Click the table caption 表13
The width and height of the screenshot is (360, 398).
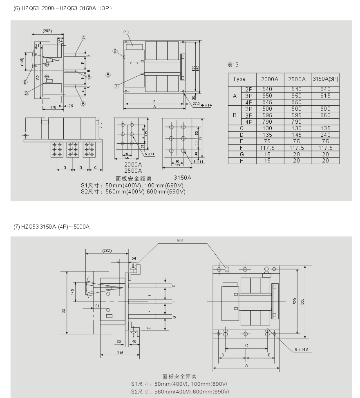click(233, 64)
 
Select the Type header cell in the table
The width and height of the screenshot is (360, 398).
click(239, 79)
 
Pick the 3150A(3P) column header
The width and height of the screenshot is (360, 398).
click(325, 79)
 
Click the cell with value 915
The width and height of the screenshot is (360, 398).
click(325, 96)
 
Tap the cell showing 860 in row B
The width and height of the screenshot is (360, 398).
click(325, 115)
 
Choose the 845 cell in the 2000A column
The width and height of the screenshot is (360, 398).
click(267, 102)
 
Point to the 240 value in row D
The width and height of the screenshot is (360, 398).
click(325, 134)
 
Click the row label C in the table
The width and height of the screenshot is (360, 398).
click(242, 128)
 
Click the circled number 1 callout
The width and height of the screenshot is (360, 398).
click(126, 32)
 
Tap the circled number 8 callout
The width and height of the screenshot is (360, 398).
click(25, 81)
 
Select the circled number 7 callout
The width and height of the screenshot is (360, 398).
click(116, 86)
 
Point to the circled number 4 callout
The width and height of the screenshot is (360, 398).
click(83, 38)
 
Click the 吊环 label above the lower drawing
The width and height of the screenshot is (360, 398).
click(180, 240)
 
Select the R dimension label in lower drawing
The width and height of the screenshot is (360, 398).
click(246, 345)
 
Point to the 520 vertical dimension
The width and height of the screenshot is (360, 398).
click(295, 301)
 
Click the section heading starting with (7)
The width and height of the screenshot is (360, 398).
click(51, 227)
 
